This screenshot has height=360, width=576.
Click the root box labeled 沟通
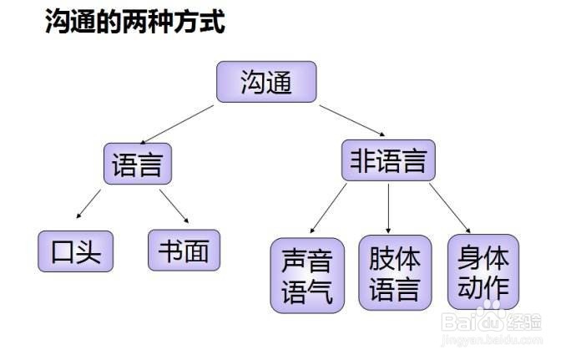266,82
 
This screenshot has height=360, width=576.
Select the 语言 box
137,163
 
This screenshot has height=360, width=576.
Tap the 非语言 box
388,160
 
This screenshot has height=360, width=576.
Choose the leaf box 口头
76,250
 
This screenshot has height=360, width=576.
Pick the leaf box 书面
184,250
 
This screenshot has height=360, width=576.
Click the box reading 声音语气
307,275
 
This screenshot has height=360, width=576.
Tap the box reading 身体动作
483,271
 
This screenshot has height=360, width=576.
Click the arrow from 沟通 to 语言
179,123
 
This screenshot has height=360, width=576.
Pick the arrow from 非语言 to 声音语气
327,208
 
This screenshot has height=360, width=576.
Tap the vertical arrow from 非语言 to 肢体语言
389,207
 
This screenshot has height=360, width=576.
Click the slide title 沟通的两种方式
134,23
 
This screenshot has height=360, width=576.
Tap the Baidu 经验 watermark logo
493,321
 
